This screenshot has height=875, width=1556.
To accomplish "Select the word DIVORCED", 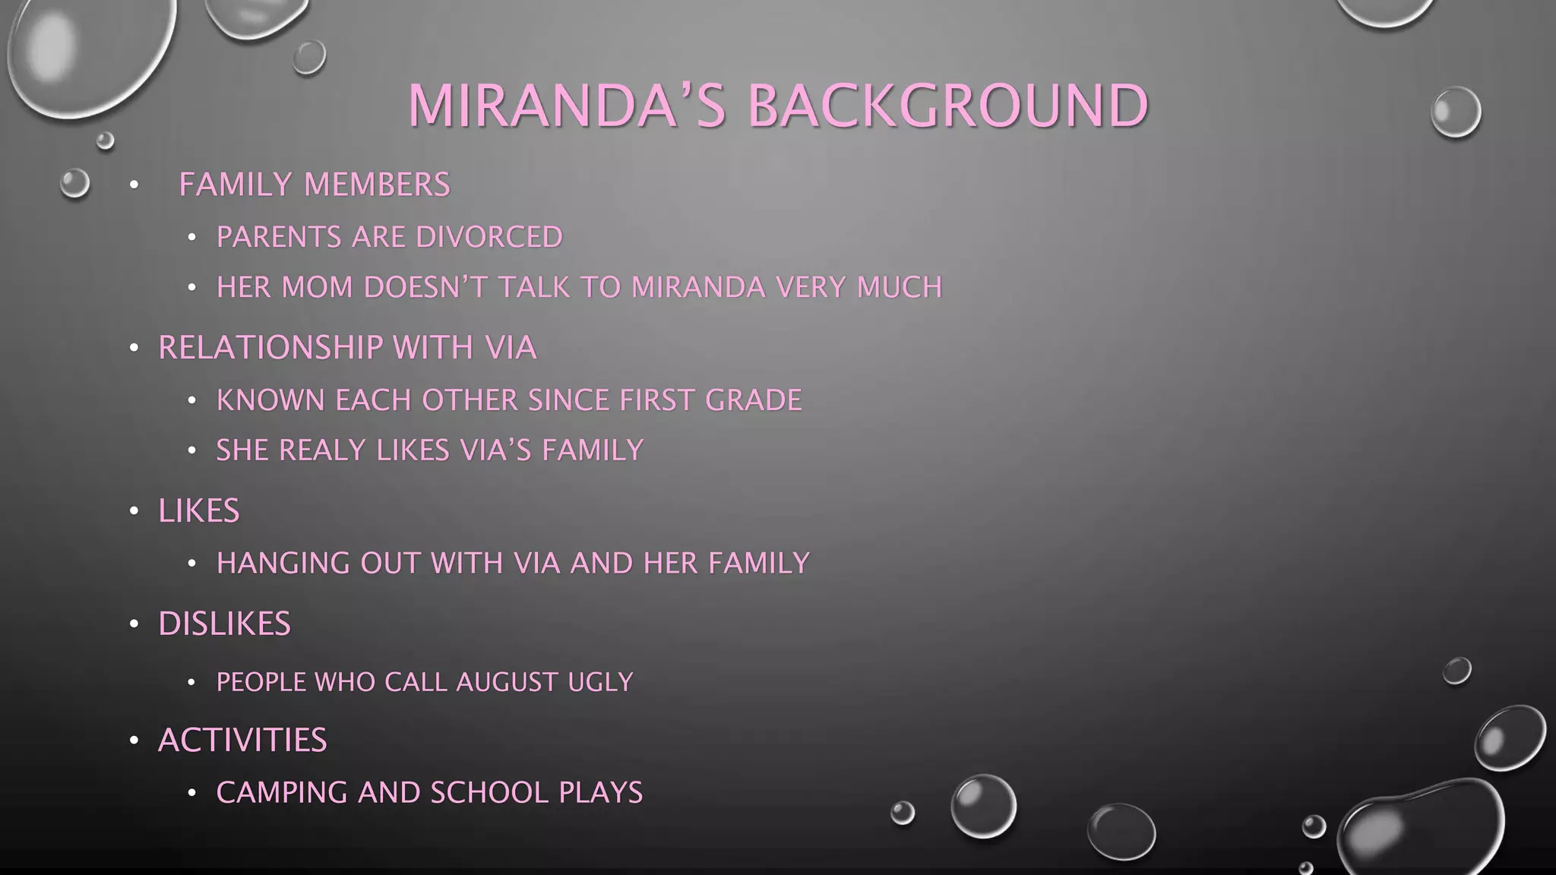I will pos(489,237).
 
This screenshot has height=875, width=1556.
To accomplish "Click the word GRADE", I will pos(753,400).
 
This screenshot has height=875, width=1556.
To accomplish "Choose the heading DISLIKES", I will pos(224,624).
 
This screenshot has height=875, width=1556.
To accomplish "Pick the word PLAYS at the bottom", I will pos(600,793).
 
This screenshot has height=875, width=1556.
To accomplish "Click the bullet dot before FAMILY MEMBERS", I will pos(134,185).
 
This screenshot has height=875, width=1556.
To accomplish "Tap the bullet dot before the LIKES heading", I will pos(134,511).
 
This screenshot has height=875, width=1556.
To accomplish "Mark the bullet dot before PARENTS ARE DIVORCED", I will pos(192,238).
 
